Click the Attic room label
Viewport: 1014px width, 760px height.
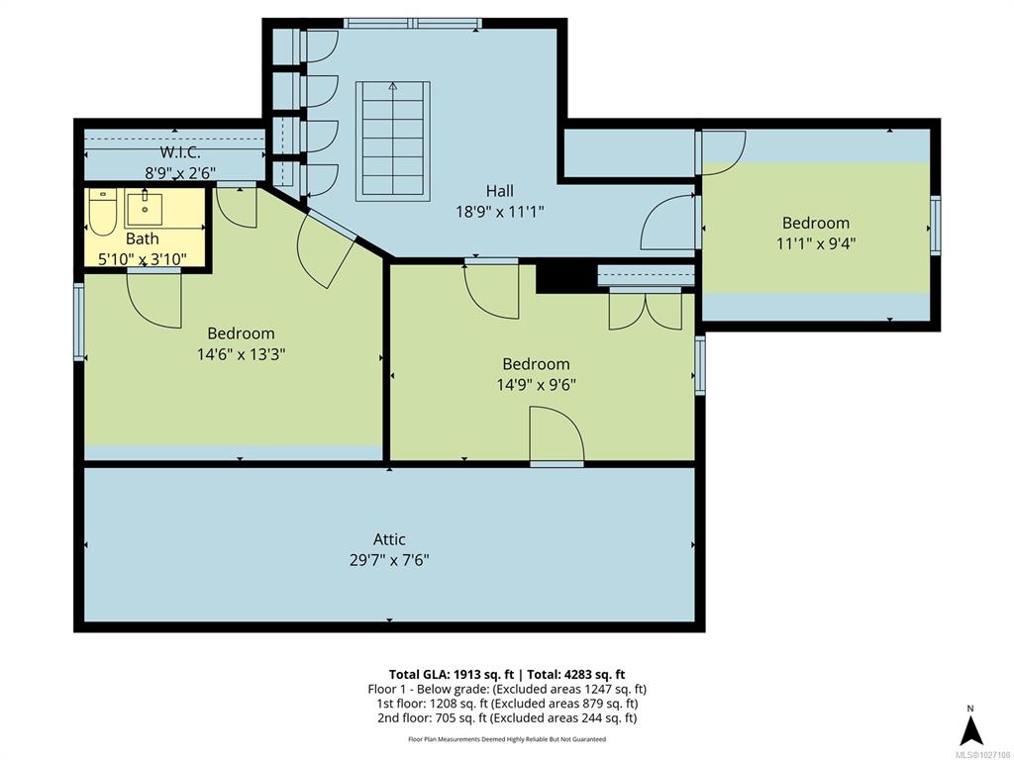[389, 539]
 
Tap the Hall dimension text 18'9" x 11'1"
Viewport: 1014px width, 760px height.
[500, 212]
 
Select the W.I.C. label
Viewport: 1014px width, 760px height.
[180, 152]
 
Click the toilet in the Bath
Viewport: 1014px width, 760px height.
[102, 212]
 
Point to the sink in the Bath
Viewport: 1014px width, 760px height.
[145, 207]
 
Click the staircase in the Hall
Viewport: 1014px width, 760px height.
[392, 142]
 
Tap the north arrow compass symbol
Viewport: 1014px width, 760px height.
[970, 727]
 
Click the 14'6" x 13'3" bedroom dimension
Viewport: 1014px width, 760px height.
[242, 354]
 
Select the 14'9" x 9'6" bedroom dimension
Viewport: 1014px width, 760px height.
[536, 385]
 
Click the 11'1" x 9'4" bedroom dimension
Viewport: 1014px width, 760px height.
[816, 243]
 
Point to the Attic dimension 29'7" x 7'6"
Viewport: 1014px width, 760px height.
[389, 560]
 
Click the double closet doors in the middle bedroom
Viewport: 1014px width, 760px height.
[646, 309]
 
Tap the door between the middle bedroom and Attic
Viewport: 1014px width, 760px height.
[557, 435]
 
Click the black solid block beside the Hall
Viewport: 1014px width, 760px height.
[565, 278]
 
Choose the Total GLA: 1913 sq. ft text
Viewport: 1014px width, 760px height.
[452, 675]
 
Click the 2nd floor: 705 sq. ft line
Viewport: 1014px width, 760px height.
[506, 717]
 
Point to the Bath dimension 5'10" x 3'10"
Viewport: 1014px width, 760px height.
[143, 259]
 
